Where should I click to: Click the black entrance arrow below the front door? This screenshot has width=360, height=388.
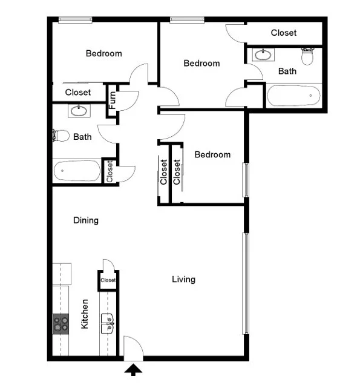[133, 369]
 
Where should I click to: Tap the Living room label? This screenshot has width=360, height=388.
[183, 280]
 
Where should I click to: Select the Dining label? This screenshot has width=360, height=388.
[86, 220]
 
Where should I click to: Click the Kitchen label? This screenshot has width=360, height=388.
[85, 314]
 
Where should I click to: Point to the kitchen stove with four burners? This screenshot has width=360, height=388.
[61, 324]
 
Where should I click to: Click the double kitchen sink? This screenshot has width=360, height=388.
[108, 323]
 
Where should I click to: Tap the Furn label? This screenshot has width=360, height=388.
[113, 100]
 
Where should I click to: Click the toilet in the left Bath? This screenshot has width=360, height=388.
[61, 136]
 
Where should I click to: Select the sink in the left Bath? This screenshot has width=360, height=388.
[79, 111]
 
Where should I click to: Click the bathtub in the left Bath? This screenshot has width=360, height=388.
[77, 171]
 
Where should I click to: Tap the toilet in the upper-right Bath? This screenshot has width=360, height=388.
[307, 56]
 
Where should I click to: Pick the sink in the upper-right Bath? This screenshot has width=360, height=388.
[263, 54]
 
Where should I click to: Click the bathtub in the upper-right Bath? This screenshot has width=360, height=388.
[293, 96]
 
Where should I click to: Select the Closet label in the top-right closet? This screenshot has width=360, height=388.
[284, 33]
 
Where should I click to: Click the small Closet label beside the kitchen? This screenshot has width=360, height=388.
[108, 280]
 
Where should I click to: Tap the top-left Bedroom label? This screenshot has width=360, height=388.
[104, 53]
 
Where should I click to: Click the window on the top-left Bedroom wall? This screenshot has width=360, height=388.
[75, 20]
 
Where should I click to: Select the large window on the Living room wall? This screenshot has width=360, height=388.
[246, 283]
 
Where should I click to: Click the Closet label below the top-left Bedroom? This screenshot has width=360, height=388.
[78, 92]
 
